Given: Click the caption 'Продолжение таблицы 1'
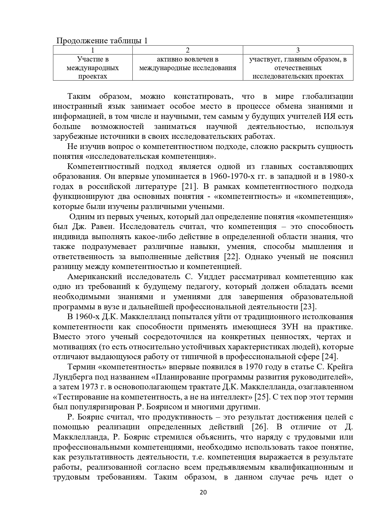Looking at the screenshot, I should (102, 41).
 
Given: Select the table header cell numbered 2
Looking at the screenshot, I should (187, 50).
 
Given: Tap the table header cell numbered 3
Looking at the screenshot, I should (298, 50).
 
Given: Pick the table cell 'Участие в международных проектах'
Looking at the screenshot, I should (93, 68).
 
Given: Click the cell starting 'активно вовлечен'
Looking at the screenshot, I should (187, 64).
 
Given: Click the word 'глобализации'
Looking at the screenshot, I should (328, 96).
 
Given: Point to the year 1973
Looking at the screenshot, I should (89, 387).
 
